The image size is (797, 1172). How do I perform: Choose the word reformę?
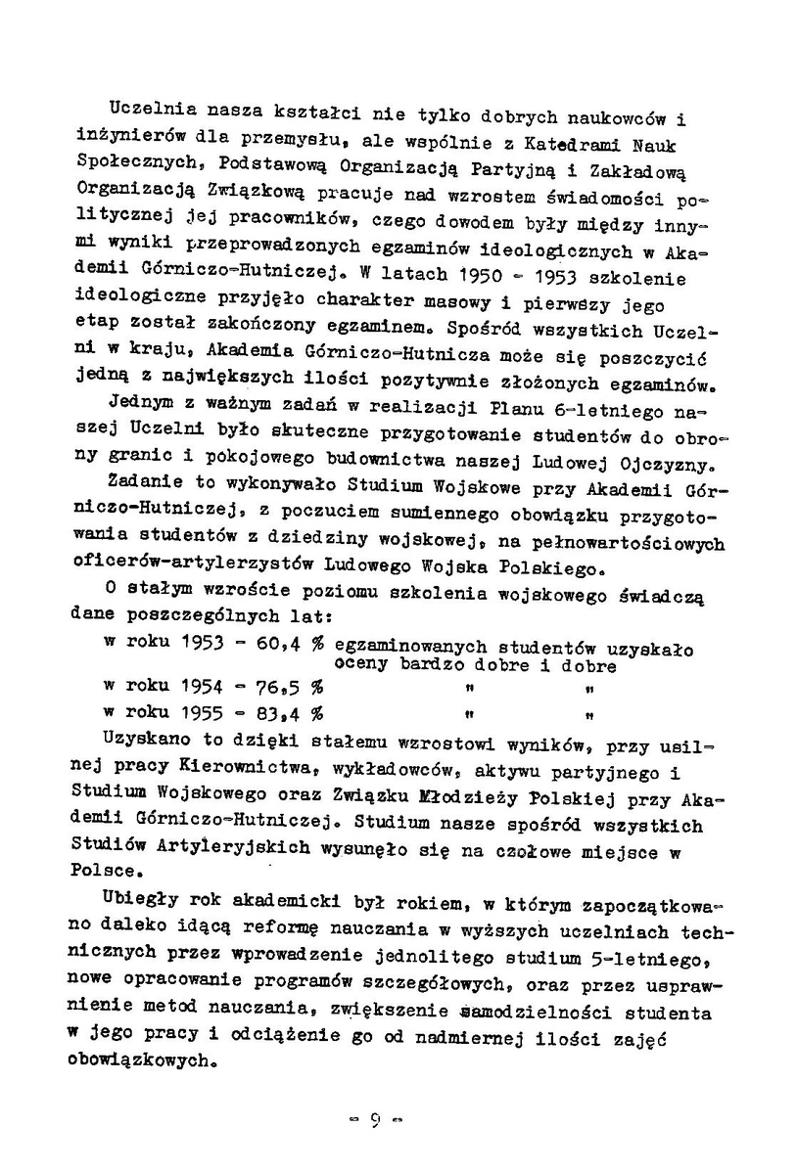(284, 925)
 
